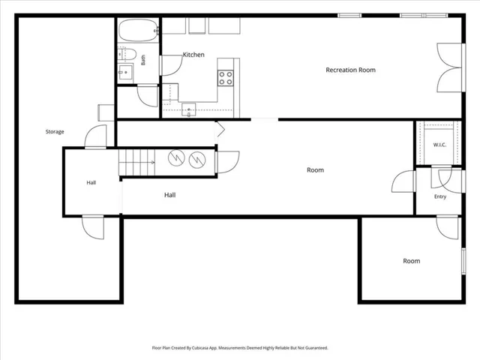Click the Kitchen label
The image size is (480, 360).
(x=193, y=55)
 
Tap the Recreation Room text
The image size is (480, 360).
(x=350, y=70)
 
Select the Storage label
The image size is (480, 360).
(x=55, y=132)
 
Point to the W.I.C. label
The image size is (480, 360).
(x=439, y=145)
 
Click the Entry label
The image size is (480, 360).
(x=440, y=196)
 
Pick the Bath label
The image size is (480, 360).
(x=143, y=60)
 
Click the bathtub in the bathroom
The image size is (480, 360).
(x=138, y=30)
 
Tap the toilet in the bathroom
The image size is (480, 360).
(x=127, y=54)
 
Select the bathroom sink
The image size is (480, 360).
(x=125, y=72)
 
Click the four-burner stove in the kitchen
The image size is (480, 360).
(x=226, y=78)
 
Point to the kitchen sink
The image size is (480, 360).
(x=188, y=109)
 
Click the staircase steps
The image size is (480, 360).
(x=136, y=162)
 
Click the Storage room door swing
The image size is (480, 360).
(x=95, y=136)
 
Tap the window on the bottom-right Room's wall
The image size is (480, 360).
(x=463, y=261)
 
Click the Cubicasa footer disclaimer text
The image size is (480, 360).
(x=240, y=348)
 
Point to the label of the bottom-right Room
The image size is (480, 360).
(x=412, y=261)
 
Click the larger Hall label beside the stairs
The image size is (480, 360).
(x=170, y=195)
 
